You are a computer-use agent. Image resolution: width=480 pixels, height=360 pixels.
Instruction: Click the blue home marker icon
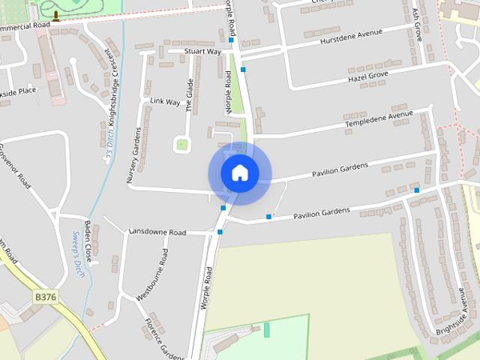[x=239, y=172]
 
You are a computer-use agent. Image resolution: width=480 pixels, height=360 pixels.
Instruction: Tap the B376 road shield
[x=45, y=298]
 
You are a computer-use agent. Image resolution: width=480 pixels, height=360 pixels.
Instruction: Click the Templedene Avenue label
[x=379, y=118]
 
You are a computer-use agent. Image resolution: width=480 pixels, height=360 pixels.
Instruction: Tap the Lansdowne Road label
[x=157, y=232]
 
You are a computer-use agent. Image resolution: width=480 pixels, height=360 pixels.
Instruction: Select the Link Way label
[x=165, y=100]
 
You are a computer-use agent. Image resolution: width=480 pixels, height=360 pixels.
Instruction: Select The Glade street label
[x=190, y=95]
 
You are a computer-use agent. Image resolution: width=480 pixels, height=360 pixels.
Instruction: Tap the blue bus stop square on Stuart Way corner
[x=242, y=69]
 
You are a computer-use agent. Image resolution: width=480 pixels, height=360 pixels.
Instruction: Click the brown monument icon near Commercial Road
[x=55, y=16]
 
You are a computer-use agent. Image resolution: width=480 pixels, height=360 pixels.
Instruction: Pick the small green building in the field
[x=265, y=329]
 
